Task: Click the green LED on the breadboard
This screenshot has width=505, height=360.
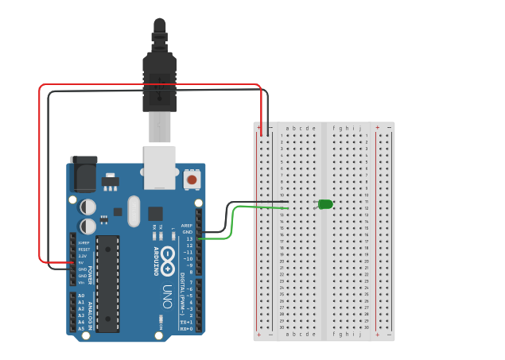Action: pyautogui.click(x=325, y=204)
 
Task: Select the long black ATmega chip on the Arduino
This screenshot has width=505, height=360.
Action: pyautogui.click(x=107, y=283)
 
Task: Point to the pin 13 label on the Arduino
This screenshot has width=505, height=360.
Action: pyautogui.click(x=188, y=238)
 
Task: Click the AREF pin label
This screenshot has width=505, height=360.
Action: pyautogui.click(x=187, y=225)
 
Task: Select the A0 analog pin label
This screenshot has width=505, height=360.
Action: pyautogui.click(x=80, y=296)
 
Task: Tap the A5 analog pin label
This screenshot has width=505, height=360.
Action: pyautogui.click(x=80, y=328)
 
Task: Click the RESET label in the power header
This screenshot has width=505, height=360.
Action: pyautogui.click(x=84, y=249)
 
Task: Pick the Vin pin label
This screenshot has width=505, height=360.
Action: pyautogui.click(x=82, y=282)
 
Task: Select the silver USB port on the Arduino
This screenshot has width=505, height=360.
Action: pyautogui.click(x=159, y=168)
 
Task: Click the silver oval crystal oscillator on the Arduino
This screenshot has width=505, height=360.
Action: pyautogui.click(x=133, y=211)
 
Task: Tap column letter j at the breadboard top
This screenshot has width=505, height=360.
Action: pyautogui.click(x=359, y=128)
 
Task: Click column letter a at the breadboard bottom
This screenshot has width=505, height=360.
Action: pyautogui.click(x=288, y=335)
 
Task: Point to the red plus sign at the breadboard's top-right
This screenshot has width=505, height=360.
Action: pyautogui.click(x=381, y=127)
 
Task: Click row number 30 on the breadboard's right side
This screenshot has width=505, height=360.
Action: pyautogui.click(x=366, y=327)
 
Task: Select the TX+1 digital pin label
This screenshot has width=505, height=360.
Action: pyautogui.click(x=186, y=322)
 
